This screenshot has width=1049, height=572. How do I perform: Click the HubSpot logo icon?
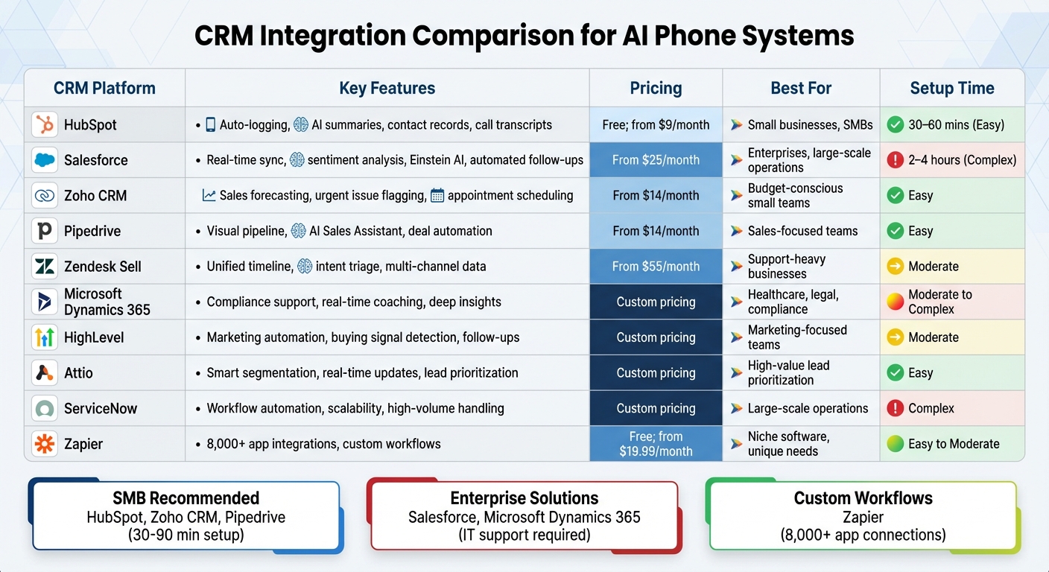pos(45,124)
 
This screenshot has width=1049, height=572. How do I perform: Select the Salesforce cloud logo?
pos(45,160)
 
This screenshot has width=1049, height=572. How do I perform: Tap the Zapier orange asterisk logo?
pos(45,444)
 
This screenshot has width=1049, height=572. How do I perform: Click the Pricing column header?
pos(656,88)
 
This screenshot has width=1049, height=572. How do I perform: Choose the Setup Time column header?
pos(951,88)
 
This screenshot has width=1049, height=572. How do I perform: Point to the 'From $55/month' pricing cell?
pos(656,267)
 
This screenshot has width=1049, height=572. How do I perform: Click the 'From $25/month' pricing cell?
pos(656,160)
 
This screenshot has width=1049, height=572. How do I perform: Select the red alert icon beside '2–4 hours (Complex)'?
pos(895,160)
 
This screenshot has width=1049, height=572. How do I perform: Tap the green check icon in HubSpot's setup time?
pos(895,124)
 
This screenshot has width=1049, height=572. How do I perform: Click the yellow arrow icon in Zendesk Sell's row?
pos(895,267)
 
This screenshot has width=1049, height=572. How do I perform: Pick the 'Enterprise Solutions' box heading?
pos(524,498)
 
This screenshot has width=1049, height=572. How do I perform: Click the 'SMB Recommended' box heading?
pos(186,498)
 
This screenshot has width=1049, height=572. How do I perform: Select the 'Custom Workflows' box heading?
pos(863,498)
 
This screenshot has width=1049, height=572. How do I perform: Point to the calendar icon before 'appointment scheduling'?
pos(437,196)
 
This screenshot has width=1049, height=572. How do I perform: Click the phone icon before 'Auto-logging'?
pos(211,124)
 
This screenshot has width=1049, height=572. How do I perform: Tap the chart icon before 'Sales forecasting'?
pos(209,196)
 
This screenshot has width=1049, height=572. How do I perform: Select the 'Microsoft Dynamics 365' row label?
pos(107,302)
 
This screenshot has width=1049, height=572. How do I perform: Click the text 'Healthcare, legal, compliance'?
pos(793,302)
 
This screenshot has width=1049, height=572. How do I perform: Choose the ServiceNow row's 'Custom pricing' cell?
pos(656,408)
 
